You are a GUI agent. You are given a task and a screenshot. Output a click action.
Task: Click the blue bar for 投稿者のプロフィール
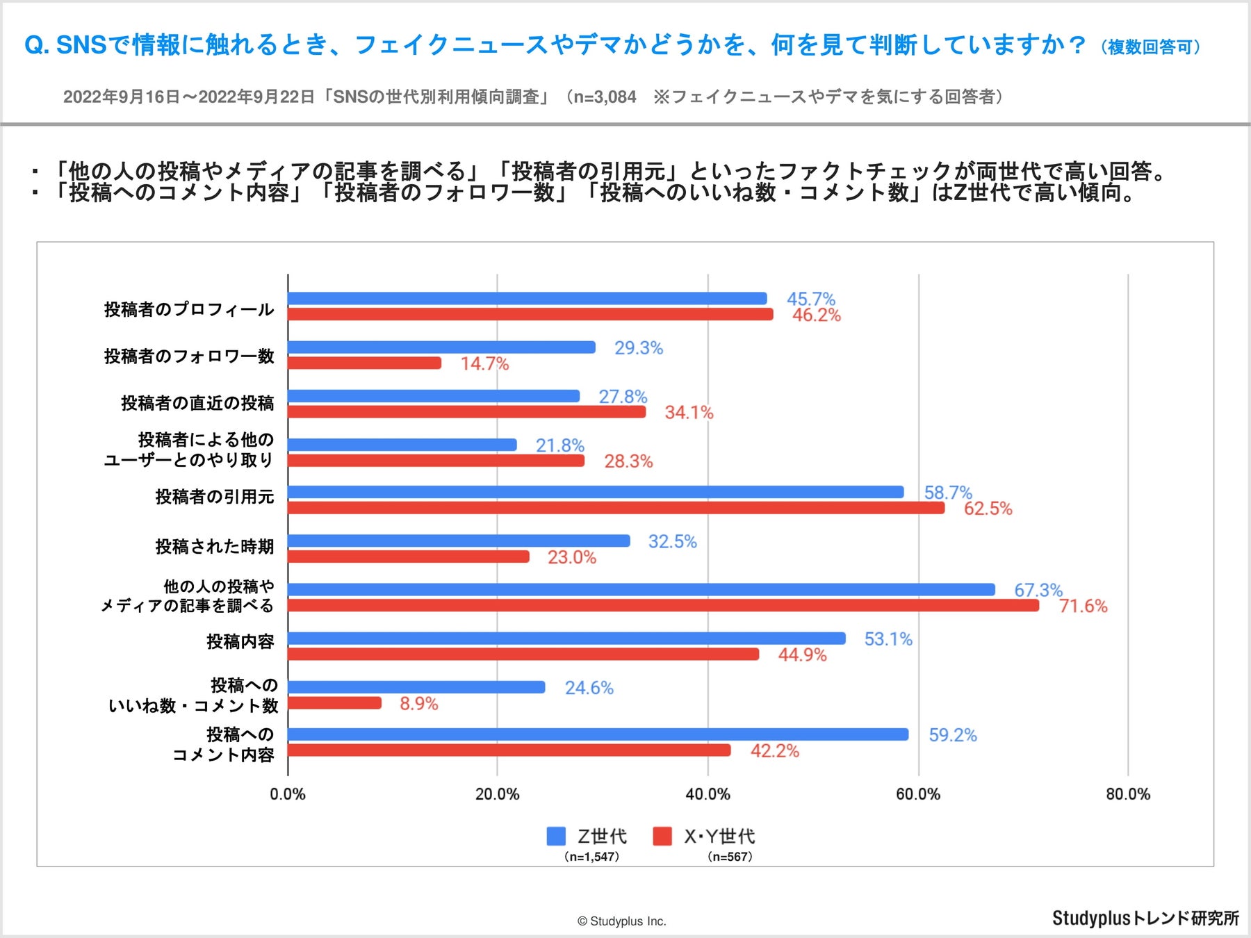click(x=527, y=299)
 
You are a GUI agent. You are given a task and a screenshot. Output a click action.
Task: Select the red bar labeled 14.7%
click(x=364, y=363)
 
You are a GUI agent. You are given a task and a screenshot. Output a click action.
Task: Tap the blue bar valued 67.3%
click(x=641, y=590)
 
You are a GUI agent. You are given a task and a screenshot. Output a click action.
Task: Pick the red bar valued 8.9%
click(x=334, y=703)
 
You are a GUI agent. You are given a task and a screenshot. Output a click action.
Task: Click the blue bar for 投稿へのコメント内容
click(x=598, y=734)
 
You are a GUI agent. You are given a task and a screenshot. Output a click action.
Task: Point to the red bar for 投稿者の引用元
click(x=616, y=509)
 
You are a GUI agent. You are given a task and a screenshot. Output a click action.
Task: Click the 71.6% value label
click(x=1083, y=607)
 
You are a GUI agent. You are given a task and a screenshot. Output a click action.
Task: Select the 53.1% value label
click(x=888, y=639)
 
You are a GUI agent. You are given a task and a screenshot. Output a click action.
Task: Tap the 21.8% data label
click(x=559, y=445)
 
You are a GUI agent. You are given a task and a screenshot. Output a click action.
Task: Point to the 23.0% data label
click(x=571, y=558)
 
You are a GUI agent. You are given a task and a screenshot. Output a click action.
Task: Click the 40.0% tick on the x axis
click(x=708, y=794)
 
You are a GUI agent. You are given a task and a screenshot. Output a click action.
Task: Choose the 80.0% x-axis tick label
click(x=1127, y=794)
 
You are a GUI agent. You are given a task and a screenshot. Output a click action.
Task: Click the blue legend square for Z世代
click(x=556, y=837)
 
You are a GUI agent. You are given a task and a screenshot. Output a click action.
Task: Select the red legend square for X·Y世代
click(x=662, y=837)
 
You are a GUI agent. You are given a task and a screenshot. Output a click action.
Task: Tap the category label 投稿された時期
click(x=214, y=547)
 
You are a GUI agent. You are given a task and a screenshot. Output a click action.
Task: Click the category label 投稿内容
click(x=240, y=641)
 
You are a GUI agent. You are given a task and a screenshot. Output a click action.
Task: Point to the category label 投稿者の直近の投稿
click(x=197, y=403)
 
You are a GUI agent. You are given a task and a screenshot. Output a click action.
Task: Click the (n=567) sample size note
click(x=730, y=857)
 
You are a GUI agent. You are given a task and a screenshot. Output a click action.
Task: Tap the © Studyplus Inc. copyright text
click(x=621, y=921)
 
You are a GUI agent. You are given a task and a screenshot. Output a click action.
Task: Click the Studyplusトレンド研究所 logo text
click(x=1145, y=919)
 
